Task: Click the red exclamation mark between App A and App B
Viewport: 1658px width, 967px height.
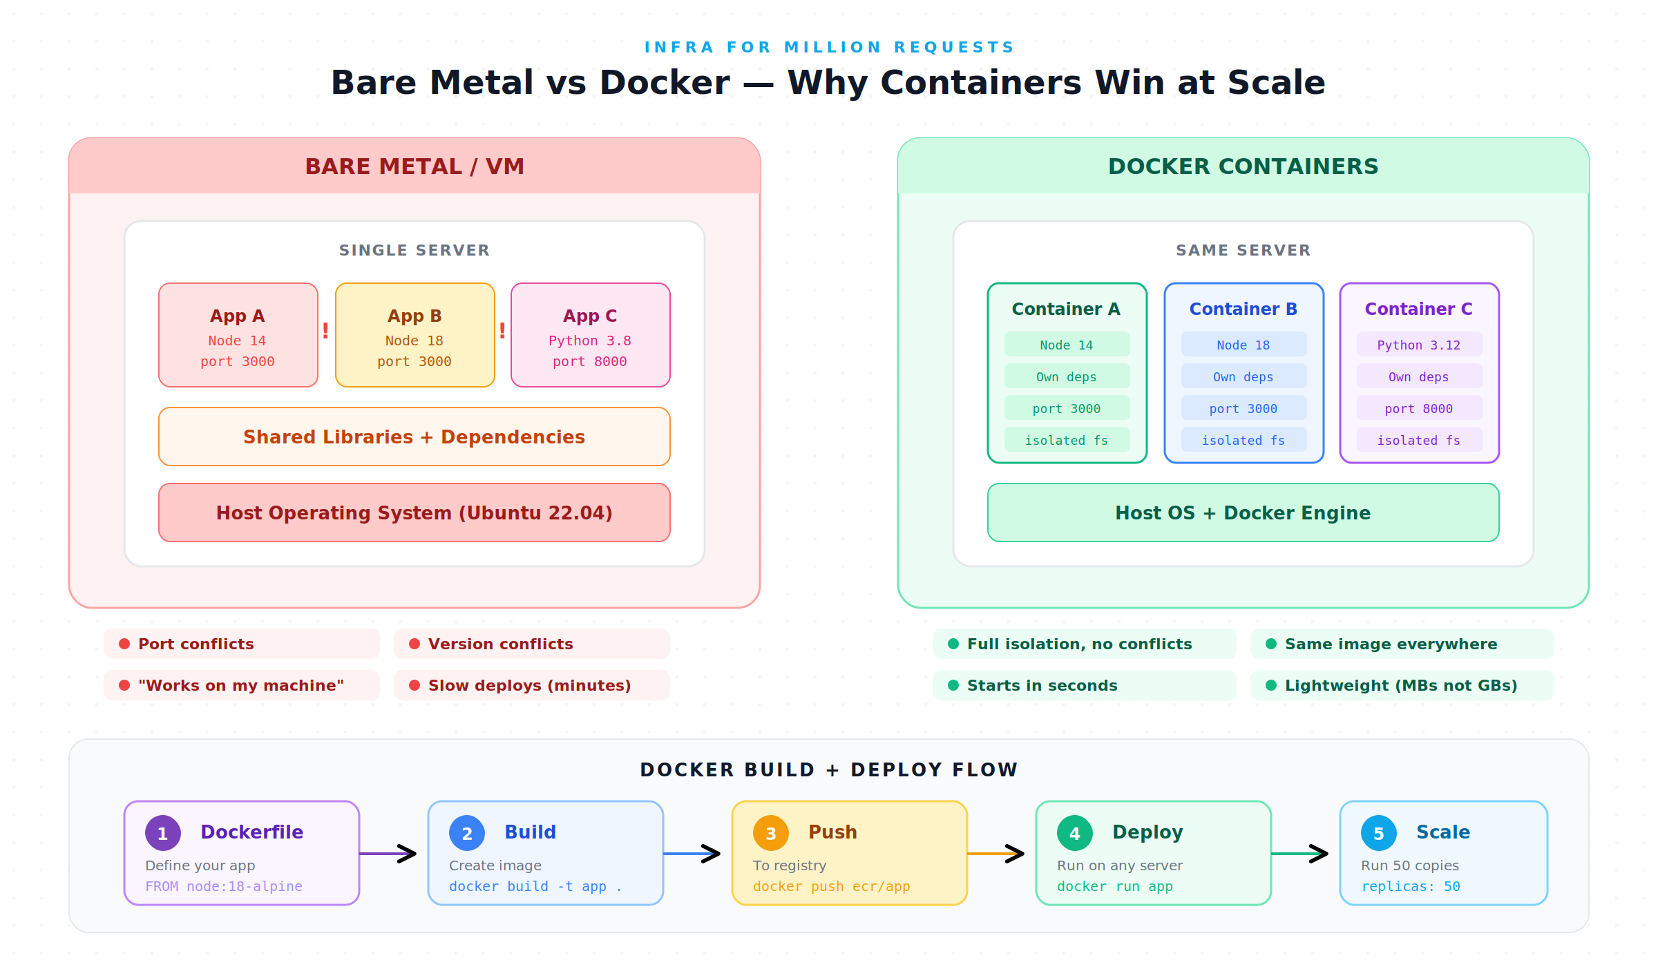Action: [325, 331]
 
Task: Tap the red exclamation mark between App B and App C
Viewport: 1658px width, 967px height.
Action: [502, 331]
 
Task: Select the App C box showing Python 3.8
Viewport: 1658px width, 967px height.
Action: [591, 335]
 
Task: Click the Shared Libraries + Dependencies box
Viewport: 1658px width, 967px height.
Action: [414, 437]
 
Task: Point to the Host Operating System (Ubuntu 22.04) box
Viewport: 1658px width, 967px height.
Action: [414, 513]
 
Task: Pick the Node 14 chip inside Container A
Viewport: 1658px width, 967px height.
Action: [1067, 345]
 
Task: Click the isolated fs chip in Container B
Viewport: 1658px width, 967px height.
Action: [1244, 440]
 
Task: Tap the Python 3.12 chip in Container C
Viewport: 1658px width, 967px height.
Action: [1420, 345]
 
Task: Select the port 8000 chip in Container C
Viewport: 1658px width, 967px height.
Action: [1420, 408]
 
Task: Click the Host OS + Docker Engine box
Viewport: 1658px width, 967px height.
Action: [1243, 513]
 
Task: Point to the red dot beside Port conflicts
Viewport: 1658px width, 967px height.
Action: [124, 644]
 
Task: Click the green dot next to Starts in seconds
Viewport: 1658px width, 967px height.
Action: [953, 685]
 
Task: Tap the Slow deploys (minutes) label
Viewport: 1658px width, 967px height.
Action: [530, 685]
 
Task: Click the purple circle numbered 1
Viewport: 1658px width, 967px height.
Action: [163, 833]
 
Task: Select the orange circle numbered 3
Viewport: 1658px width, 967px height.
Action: [771, 833]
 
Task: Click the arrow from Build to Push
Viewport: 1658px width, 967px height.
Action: [692, 854]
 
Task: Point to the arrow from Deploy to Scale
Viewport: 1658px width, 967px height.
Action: [1299, 854]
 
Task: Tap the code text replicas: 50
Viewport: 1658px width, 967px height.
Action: [1411, 886]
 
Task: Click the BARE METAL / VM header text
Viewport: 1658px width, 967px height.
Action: [414, 166]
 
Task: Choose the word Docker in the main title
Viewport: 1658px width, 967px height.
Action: [665, 82]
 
